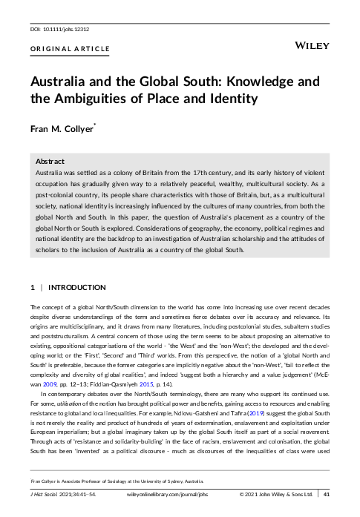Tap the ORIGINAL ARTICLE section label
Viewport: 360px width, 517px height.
coord(70,50)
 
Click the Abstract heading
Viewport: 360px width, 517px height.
coord(50,160)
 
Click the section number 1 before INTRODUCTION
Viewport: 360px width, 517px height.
coord(32,287)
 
